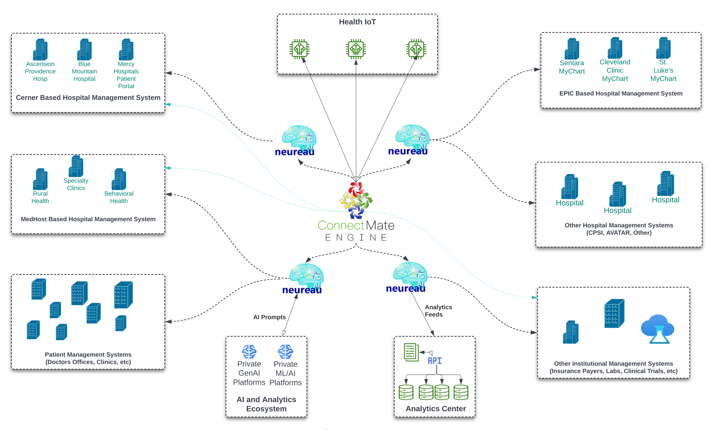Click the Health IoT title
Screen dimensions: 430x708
click(x=357, y=22)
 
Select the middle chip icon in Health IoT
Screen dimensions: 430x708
click(x=356, y=49)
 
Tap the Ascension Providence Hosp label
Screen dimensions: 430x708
click(x=40, y=71)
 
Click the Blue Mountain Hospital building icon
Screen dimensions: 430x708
click(x=84, y=50)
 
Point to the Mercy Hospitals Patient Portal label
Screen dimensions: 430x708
click(x=126, y=75)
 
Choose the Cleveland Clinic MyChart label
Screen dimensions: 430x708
click(x=615, y=70)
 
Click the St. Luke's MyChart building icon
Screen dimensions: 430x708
click(x=663, y=48)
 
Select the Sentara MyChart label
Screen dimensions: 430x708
click(x=572, y=67)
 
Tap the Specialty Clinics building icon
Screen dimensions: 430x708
click(x=76, y=166)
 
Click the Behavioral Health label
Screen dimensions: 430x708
click(x=119, y=197)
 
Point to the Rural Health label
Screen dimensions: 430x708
click(x=40, y=197)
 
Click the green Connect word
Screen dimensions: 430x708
click(x=341, y=225)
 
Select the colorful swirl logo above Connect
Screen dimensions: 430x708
click(x=356, y=200)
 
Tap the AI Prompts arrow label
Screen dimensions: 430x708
click(x=269, y=317)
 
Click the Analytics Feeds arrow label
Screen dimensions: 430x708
click(x=438, y=311)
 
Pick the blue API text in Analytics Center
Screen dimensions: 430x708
click(x=435, y=361)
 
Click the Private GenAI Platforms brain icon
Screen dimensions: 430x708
click(x=249, y=352)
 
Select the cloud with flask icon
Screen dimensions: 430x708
click(x=657, y=329)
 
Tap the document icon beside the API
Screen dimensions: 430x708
click(x=411, y=352)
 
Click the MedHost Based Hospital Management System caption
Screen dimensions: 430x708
click(x=88, y=219)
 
